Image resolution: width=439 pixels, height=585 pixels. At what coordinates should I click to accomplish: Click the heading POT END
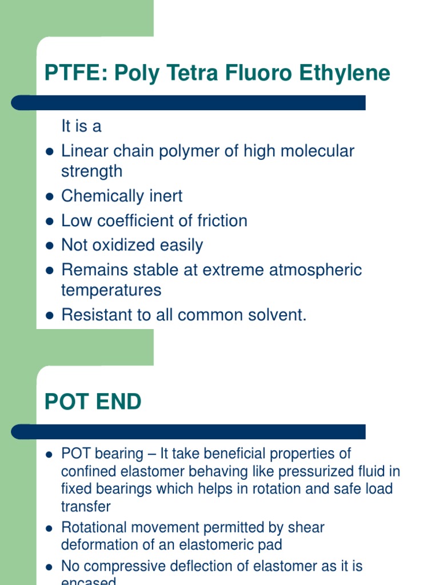click(x=93, y=402)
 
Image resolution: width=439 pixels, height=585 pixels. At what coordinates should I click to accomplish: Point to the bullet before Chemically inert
click(x=49, y=197)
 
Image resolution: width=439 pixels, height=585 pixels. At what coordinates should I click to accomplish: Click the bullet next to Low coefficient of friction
click(x=49, y=221)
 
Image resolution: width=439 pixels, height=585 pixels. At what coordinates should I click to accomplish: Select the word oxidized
click(x=125, y=245)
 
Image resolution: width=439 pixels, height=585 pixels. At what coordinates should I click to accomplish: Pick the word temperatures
click(x=111, y=290)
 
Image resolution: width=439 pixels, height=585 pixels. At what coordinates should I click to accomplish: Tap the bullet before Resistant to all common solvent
click(x=49, y=315)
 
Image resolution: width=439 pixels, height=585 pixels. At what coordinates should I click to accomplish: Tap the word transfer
click(x=86, y=506)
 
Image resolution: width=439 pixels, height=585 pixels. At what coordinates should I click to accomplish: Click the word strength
click(x=91, y=171)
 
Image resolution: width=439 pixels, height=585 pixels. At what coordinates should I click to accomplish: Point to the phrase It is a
click(x=81, y=126)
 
